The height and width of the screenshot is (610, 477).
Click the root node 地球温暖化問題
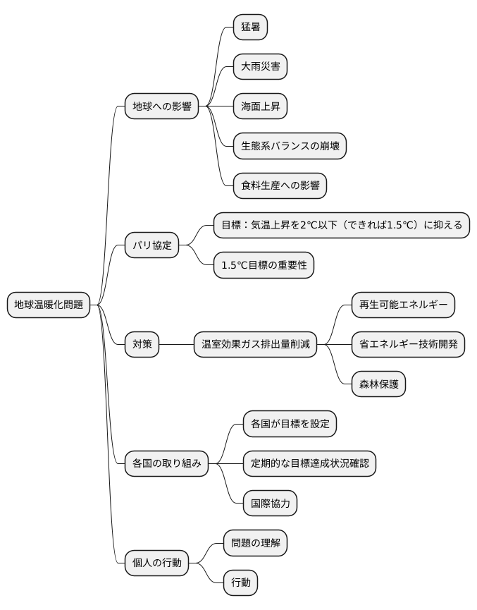pyautogui.click(x=49, y=305)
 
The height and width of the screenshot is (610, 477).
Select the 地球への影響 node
pyautogui.click(x=162, y=106)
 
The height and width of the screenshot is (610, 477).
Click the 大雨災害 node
pyautogui.click(x=260, y=67)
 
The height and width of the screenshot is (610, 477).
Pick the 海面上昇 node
pyautogui.click(x=260, y=106)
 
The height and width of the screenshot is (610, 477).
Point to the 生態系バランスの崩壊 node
pyautogui.click(x=290, y=147)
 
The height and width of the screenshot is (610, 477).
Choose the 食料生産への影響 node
pyautogui.click(x=280, y=186)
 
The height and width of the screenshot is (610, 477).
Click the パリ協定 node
pyautogui.click(x=152, y=246)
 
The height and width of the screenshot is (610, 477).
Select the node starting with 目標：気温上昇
pyautogui.click(x=342, y=226)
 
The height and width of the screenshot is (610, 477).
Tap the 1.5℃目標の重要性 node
pyautogui.click(x=264, y=266)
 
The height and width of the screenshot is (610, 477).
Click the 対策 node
pyautogui.click(x=142, y=345)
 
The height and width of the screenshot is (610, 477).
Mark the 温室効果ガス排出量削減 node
pyautogui.click(x=256, y=345)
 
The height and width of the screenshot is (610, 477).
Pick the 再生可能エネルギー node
pyautogui.click(x=403, y=305)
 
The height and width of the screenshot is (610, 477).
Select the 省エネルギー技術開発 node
pyautogui.click(x=408, y=345)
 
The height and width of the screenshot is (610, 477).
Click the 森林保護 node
pyautogui.click(x=378, y=385)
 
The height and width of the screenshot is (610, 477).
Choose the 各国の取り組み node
pyautogui.click(x=167, y=464)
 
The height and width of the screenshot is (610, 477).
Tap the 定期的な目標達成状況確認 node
pyautogui.click(x=309, y=464)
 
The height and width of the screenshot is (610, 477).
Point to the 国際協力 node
pyautogui.click(x=270, y=504)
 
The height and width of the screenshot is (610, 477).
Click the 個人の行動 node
pyautogui.click(x=157, y=563)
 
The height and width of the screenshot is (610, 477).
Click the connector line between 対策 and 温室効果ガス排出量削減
pyautogui.click(x=177, y=345)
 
